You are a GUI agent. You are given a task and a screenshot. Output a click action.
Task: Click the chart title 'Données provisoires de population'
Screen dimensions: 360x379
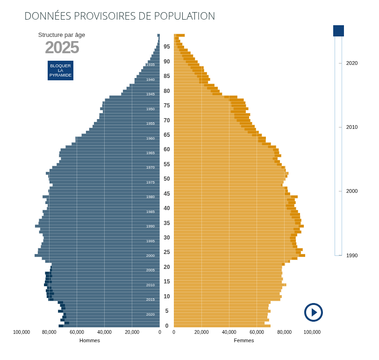click(120, 16)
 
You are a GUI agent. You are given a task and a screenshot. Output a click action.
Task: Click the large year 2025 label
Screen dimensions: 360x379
click(62, 48)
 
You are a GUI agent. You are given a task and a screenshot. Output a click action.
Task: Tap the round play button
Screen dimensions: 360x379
click(314, 312)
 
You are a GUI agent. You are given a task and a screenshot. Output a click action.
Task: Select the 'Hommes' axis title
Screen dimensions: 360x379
click(90, 340)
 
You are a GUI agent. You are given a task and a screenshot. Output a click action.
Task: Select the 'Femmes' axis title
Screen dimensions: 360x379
click(244, 340)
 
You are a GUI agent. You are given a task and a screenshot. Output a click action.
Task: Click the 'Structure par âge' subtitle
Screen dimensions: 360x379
click(62, 35)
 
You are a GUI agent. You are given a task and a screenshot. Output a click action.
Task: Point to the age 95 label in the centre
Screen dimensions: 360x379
click(167, 47)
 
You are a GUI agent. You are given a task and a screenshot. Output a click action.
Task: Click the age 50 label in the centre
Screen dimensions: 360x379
click(167, 179)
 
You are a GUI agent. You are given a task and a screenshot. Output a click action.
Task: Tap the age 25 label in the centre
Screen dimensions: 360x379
click(167, 252)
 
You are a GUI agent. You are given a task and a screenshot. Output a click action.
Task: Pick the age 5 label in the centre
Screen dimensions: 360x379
click(167, 311)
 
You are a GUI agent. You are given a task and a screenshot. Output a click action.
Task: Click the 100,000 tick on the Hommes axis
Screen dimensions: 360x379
click(21, 332)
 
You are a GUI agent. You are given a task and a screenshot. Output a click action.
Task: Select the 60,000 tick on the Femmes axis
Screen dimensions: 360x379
click(257, 332)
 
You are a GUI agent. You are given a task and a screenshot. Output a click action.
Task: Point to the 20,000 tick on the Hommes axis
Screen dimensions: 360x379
click(132, 332)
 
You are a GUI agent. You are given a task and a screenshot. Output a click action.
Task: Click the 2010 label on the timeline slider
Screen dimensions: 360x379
click(352, 127)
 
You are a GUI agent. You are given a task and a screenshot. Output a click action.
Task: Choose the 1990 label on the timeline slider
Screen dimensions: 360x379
click(352, 255)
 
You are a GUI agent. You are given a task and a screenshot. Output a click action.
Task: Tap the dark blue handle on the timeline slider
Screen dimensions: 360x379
click(338, 31)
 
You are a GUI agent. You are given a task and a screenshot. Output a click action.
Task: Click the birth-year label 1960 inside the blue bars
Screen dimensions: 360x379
click(150, 138)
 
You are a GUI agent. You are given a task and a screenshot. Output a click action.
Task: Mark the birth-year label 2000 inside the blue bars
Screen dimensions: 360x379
click(150, 255)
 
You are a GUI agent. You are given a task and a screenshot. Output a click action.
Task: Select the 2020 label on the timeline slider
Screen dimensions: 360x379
click(352, 63)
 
